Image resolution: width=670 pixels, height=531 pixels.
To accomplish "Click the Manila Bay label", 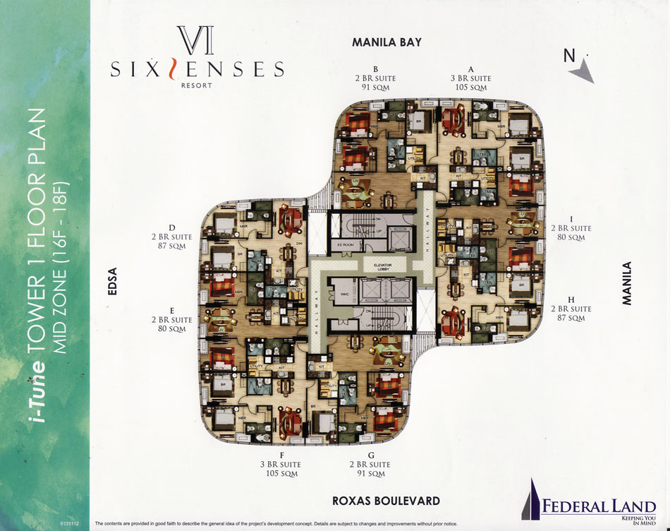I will [x=386, y=42].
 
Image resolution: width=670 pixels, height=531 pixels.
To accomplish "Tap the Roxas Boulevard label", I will [x=386, y=501].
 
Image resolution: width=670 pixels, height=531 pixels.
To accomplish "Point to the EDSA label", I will [x=111, y=286].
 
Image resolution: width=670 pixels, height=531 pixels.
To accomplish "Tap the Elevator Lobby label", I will [x=377, y=266].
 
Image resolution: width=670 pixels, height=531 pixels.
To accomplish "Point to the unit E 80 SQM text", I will [x=172, y=329].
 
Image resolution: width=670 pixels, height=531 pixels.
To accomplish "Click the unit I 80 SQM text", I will [x=571, y=238].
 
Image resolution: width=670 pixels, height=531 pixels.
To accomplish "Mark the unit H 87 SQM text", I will [x=571, y=318].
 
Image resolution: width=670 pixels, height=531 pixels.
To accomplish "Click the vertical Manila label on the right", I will [x=627, y=283].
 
